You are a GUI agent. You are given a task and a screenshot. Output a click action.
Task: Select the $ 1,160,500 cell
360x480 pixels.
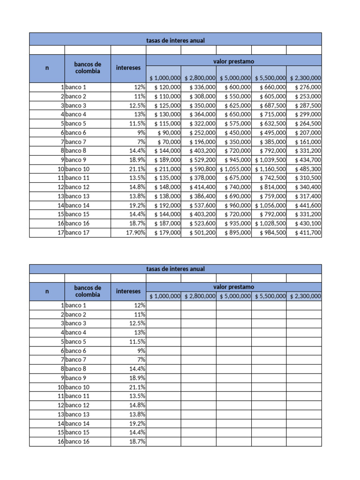[x=270, y=169]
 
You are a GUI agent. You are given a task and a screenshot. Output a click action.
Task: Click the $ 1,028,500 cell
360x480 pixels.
[x=270, y=224]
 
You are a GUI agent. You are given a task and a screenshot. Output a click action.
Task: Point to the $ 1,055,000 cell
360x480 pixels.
[x=235, y=169]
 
